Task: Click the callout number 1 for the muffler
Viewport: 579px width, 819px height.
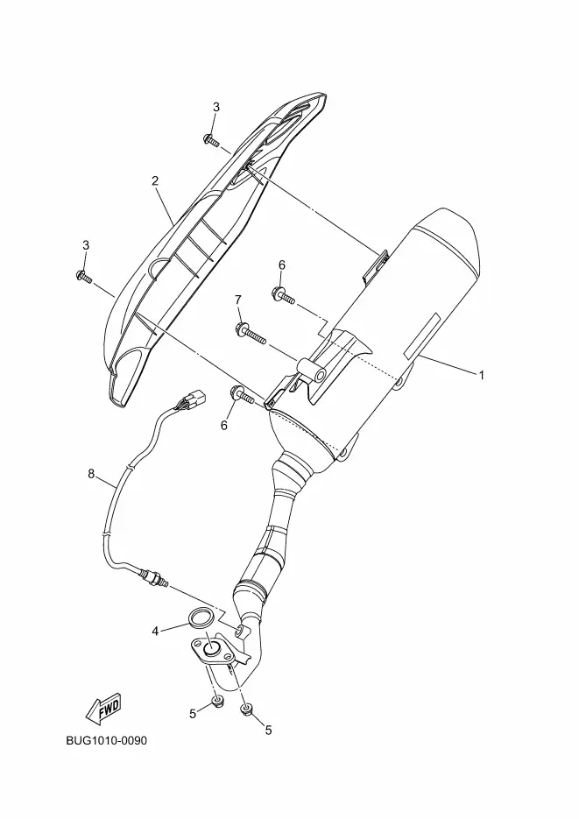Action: pyautogui.click(x=481, y=375)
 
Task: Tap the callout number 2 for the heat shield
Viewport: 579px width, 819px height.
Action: pyautogui.click(x=155, y=181)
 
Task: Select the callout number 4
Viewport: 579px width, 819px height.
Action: pyautogui.click(x=155, y=630)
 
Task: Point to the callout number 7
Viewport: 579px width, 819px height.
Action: pyautogui.click(x=238, y=301)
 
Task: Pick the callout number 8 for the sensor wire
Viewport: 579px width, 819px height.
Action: pyautogui.click(x=91, y=474)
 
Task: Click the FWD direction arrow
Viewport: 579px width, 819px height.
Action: pyautogui.click(x=102, y=706)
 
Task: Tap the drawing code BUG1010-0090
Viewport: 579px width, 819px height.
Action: pyautogui.click(x=106, y=741)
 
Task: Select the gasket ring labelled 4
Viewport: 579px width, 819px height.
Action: pyautogui.click(x=201, y=618)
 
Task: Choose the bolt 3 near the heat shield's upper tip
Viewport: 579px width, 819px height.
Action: pyautogui.click(x=211, y=139)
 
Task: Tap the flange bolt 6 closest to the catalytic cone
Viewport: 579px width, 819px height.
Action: pyautogui.click(x=241, y=396)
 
